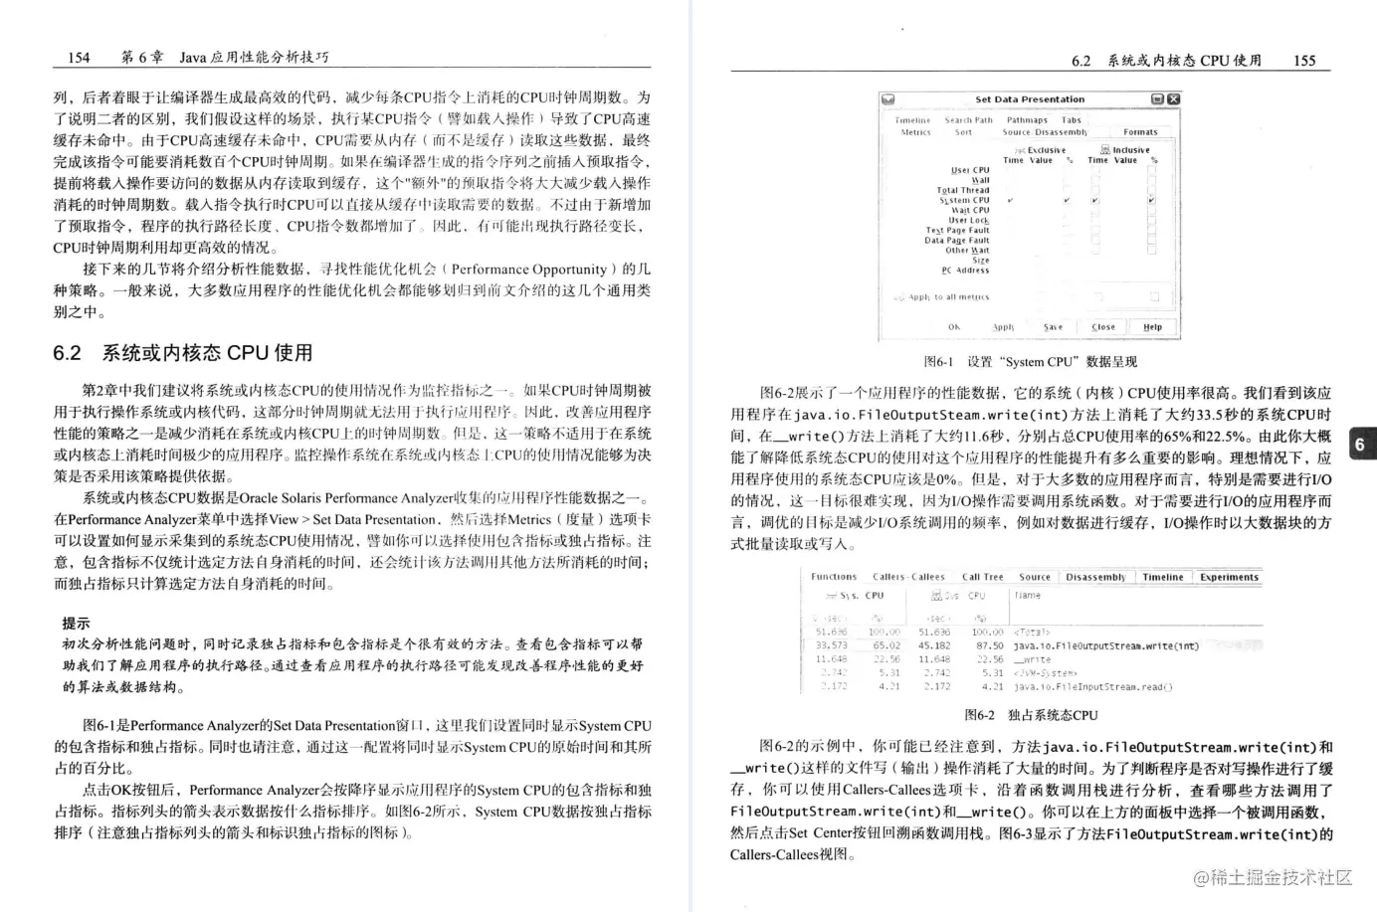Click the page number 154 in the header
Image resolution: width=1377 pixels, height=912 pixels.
click(x=79, y=57)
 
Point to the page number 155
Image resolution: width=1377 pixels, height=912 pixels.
click(x=1303, y=60)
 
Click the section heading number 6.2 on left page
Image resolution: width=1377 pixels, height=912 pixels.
click(x=67, y=353)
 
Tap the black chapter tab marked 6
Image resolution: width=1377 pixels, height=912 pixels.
click(x=1360, y=445)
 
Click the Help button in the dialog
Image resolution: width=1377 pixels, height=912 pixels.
click(x=1152, y=326)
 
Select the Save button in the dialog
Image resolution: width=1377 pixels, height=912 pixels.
click(x=1053, y=326)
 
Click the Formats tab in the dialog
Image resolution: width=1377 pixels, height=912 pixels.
click(x=1140, y=131)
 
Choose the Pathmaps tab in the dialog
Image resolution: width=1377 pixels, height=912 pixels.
click(x=1027, y=119)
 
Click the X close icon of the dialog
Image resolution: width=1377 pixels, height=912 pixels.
click(x=1173, y=99)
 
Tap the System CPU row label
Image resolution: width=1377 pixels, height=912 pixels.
click(x=964, y=200)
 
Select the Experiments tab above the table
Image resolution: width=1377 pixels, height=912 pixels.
click(x=1229, y=577)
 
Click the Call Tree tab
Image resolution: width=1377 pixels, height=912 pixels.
click(x=982, y=577)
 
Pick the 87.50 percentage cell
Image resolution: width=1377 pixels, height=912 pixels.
click(x=987, y=645)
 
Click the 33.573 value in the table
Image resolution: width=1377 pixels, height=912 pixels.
click(x=831, y=645)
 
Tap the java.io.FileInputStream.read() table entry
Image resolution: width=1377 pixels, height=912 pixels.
click(x=1092, y=686)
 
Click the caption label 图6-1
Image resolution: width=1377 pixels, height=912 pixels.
click(x=938, y=362)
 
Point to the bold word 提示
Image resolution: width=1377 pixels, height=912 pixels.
click(x=76, y=623)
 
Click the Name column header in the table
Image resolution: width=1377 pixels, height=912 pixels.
click(x=1028, y=596)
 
